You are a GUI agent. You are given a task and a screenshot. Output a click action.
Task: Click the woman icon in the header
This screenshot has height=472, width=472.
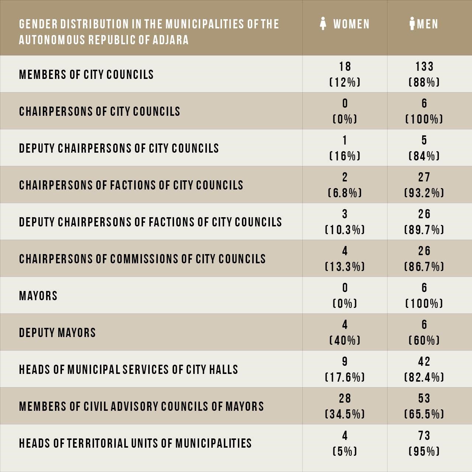click(x=323, y=24)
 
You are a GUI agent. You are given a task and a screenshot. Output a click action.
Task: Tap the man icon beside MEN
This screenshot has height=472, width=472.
click(x=412, y=24)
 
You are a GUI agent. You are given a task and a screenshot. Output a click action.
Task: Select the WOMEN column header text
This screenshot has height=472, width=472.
click(x=351, y=24)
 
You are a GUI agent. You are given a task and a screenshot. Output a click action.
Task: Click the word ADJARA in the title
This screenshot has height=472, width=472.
click(x=170, y=40)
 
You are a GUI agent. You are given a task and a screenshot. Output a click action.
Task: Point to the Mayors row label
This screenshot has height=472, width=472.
click(x=38, y=296)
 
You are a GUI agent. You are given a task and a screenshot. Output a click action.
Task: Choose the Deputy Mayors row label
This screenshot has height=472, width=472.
click(x=57, y=333)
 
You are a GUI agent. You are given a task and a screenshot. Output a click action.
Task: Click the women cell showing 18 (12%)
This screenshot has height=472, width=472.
click(x=345, y=74)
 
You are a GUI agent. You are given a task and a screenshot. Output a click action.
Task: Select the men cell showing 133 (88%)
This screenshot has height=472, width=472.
click(x=424, y=74)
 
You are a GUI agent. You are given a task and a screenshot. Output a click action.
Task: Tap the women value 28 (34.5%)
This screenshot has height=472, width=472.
click(x=345, y=406)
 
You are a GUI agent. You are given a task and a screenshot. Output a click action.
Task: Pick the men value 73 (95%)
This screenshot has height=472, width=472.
click(x=424, y=443)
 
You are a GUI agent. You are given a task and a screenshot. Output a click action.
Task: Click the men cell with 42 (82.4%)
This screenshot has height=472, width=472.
click(x=424, y=369)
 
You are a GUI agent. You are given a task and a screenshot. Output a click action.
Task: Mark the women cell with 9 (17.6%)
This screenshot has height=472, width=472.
click(x=345, y=369)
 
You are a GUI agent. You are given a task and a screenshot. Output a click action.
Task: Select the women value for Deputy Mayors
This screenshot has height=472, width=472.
click(x=345, y=332)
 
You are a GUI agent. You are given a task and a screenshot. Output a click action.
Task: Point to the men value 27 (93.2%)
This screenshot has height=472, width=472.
click(x=424, y=185)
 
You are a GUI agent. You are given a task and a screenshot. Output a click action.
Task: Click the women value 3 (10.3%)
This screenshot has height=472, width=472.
click(x=345, y=222)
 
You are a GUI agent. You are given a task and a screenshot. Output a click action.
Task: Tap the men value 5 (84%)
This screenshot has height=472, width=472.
click(x=424, y=148)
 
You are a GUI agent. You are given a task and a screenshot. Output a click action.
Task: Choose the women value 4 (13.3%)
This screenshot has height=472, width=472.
click(x=345, y=258)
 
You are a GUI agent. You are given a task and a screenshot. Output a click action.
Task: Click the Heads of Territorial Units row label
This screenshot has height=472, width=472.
click(x=135, y=443)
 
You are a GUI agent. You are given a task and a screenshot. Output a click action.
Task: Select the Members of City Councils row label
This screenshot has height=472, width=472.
click(x=86, y=74)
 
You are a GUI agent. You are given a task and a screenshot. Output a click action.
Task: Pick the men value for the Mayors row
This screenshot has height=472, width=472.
click(x=424, y=296)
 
